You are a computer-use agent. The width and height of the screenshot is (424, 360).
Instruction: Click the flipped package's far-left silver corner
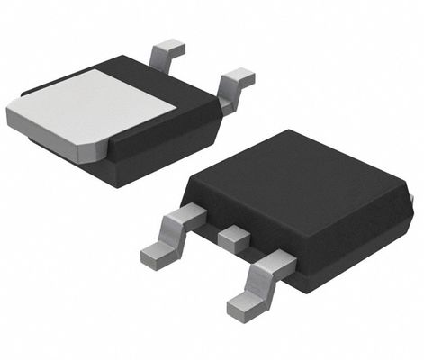pyautogui.click(x=11, y=115)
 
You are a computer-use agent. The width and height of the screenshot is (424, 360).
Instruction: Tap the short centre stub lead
pyautogui.click(x=234, y=238)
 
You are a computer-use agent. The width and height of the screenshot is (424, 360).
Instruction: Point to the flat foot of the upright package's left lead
pyautogui.click(x=155, y=254)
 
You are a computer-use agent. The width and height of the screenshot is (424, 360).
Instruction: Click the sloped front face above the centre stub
pyautogui.click(x=239, y=216)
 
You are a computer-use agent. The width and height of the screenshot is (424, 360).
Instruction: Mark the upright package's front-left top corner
pyautogui.click(x=185, y=191)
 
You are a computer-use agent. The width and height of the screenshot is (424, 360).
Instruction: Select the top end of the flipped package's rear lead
pyautogui.click(x=169, y=45)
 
